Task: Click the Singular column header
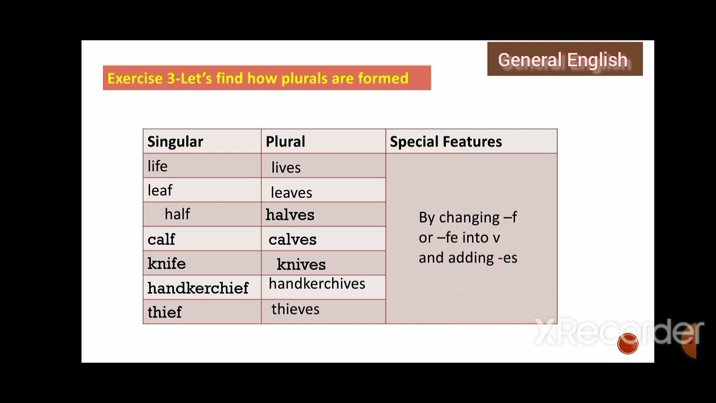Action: (x=175, y=142)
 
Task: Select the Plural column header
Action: (x=285, y=142)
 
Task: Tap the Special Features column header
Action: (x=446, y=142)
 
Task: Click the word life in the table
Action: (x=157, y=166)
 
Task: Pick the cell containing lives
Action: (x=286, y=167)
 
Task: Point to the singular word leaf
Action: (x=160, y=190)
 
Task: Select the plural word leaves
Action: (x=291, y=193)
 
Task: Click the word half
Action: (x=177, y=214)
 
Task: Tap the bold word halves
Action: (x=290, y=215)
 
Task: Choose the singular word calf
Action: (x=161, y=240)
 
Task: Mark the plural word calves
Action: (x=293, y=240)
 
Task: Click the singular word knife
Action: (x=166, y=264)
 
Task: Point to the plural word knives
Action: (x=301, y=264)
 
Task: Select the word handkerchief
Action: (x=198, y=288)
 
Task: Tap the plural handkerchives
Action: (x=317, y=284)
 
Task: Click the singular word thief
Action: (x=164, y=312)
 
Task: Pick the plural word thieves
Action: (x=295, y=309)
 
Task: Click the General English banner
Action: (x=564, y=59)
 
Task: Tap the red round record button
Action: (x=628, y=344)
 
